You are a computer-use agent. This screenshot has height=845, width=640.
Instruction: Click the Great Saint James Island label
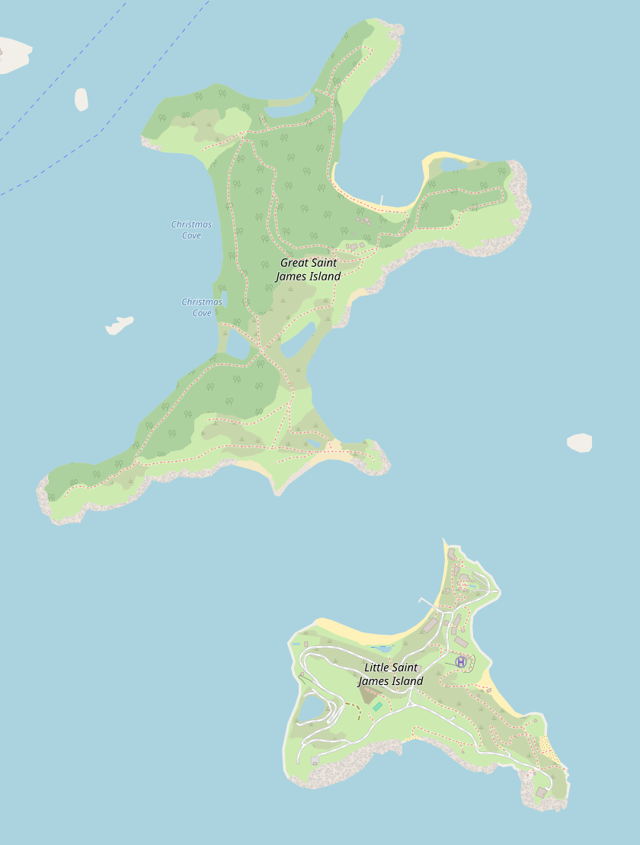(308, 270)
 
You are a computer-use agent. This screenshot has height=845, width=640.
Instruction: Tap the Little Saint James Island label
(390, 674)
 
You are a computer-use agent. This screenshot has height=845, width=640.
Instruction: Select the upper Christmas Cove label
(191, 230)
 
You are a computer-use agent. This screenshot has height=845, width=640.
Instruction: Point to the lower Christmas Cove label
(202, 307)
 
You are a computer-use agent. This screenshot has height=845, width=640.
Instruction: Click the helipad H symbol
(461, 662)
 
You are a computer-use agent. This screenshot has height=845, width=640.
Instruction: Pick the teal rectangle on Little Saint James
(377, 707)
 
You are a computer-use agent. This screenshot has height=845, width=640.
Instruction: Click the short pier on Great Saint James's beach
(382, 200)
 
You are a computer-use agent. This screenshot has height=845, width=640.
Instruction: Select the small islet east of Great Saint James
(580, 443)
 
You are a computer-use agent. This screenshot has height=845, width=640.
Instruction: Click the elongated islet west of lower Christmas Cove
(119, 325)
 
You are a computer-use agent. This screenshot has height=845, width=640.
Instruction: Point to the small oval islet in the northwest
(81, 99)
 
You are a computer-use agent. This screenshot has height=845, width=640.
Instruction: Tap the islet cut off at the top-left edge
(14, 55)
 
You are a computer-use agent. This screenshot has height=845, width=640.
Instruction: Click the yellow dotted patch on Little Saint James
(550, 751)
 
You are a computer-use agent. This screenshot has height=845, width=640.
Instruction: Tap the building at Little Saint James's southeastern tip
(541, 792)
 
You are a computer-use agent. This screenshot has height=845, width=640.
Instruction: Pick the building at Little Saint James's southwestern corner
(315, 760)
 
